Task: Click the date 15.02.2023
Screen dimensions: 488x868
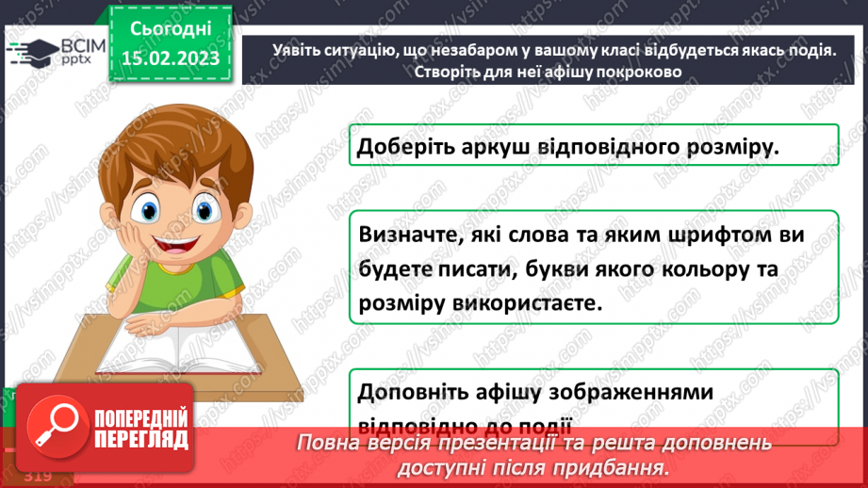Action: point(170,58)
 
